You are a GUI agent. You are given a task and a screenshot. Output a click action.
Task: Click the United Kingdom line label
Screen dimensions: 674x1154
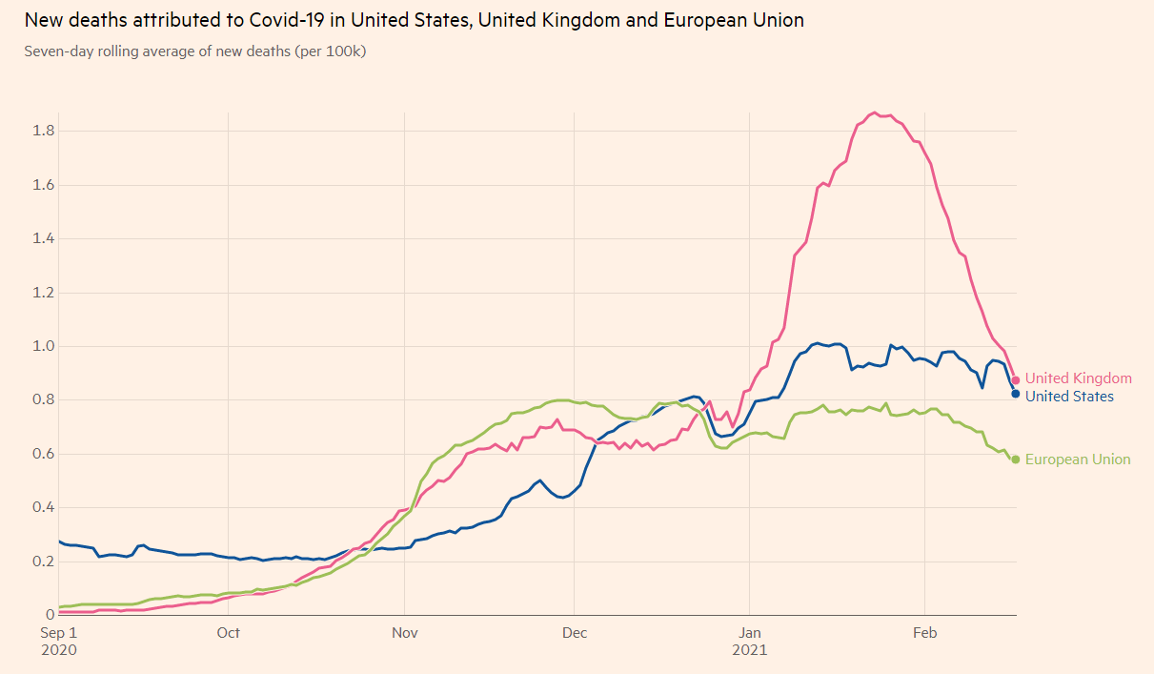(1078, 378)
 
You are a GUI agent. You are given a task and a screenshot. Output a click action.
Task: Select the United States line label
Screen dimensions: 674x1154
(1069, 396)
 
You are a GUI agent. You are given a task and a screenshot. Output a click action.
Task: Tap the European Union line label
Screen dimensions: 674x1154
(1078, 460)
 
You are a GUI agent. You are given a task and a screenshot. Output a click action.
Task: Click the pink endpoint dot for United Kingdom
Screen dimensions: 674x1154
(1016, 379)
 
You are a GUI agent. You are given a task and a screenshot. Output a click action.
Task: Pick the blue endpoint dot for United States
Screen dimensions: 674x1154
(1016, 394)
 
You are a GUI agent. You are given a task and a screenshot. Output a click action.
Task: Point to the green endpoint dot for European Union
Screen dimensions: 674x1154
(1016, 460)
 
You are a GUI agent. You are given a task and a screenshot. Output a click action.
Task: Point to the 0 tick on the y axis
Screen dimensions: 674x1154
(50, 615)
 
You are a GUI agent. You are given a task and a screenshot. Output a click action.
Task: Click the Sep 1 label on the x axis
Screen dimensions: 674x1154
(59, 633)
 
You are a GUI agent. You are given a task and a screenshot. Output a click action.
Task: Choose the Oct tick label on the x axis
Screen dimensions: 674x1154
(228, 633)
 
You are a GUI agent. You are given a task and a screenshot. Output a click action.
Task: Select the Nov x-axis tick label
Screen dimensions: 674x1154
(405, 633)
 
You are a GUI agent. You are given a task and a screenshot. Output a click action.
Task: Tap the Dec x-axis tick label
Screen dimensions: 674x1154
(575, 633)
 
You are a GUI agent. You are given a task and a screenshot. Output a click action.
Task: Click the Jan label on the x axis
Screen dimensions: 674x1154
(749, 633)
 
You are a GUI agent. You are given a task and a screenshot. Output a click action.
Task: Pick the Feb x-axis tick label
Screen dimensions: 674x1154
(925, 633)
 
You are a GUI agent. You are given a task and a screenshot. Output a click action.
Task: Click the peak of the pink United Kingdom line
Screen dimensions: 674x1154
(874, 112)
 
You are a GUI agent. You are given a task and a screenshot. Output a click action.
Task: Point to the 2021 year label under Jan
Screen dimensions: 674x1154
(749, 650)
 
